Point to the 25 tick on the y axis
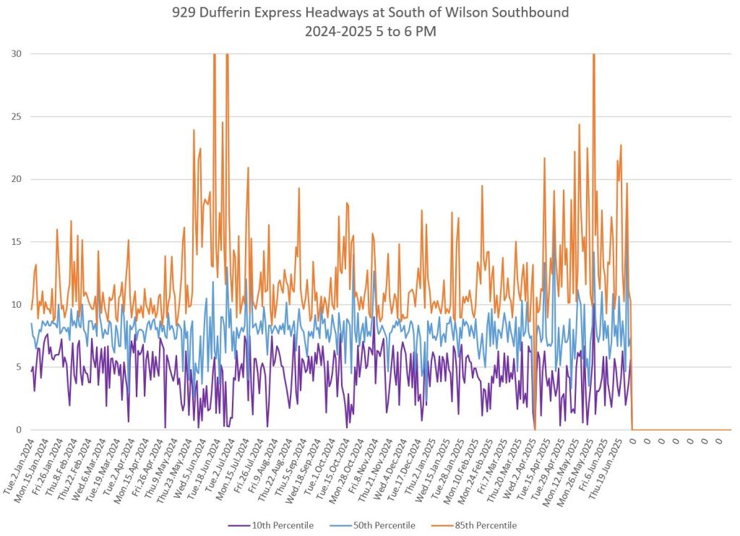click(17, 116)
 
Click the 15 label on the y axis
click(17, 242)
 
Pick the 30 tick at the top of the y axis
click(17, 53)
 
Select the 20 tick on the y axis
click(17, 179)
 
